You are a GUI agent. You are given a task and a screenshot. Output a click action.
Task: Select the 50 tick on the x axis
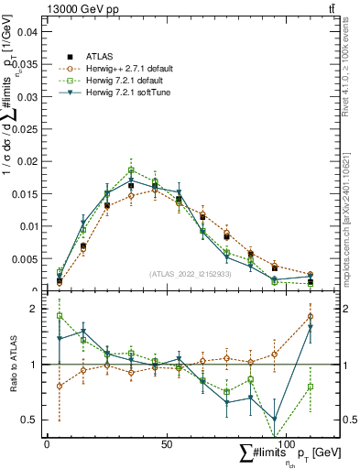point(166,443)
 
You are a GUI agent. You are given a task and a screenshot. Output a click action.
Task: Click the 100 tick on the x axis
point(286,443)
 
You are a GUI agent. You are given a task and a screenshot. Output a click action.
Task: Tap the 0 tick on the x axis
point(47,443)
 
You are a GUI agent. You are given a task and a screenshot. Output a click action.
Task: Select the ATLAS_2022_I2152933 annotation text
point(191,275)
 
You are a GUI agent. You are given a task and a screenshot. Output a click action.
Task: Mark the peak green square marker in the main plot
point(131,170)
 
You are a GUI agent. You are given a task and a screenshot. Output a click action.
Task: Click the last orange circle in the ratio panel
point(311,317)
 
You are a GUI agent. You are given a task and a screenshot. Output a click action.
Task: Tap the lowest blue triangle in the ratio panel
point(275,419)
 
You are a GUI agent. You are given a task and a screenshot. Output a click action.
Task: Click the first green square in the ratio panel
point(60,316)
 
